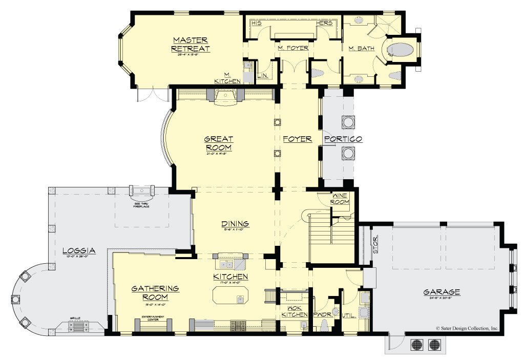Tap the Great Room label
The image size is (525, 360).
coord(219,143)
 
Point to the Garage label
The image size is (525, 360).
coord(441,292)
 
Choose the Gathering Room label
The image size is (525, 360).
coord(155,293)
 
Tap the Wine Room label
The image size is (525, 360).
coord(341,199)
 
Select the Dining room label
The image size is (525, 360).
coord(235,223)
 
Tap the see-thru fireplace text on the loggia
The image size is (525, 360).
coord(141,204)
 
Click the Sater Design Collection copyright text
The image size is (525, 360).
coord(467,328)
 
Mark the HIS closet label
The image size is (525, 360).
coord(257,23)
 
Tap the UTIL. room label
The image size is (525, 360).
coord(348,315)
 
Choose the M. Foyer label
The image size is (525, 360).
coord(293,48)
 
